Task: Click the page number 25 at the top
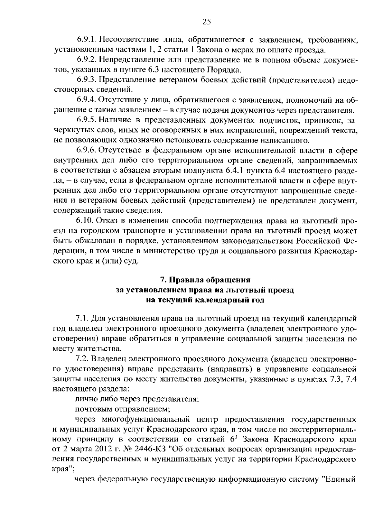tap(206, 21)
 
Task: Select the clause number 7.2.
tap(82, 359)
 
